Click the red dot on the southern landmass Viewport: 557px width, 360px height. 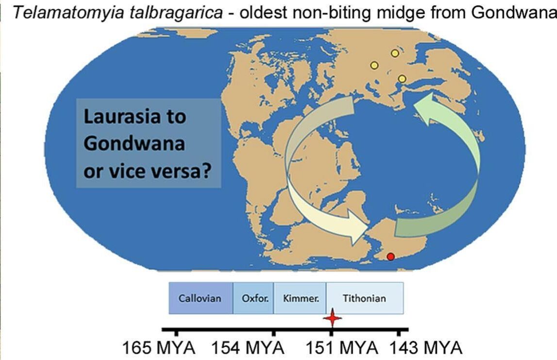click(390, 257)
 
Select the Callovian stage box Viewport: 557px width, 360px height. click(201, 298)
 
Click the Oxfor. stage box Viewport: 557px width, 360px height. click(254, 298)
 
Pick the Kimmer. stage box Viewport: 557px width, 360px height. click(301, 298)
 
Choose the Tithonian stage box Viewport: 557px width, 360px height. click(364, 298)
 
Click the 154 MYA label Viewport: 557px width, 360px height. click(248, 348)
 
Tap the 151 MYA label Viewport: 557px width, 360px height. click(341, 348)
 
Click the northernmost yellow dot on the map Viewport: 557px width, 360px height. click(395, 52)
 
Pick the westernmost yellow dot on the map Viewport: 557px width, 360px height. click(374, 65)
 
